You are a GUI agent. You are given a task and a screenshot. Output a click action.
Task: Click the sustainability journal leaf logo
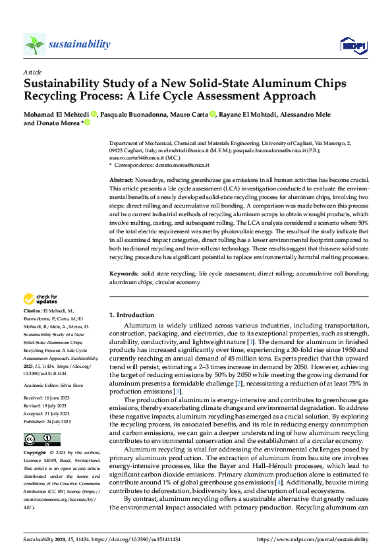click(34, 44)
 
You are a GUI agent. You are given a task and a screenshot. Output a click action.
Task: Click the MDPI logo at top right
click(351, 45)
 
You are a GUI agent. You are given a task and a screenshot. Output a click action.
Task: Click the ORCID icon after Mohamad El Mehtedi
click(93, 113)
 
